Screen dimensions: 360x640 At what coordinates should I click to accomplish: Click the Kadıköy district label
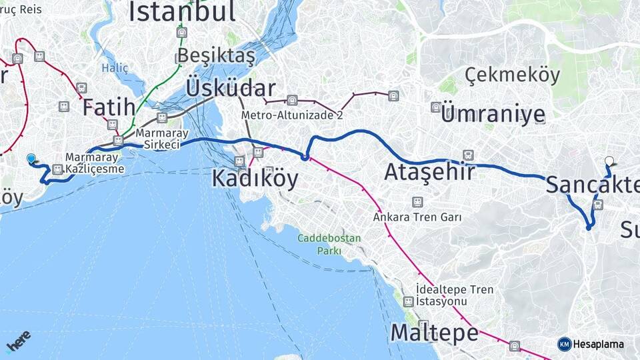(255, 179)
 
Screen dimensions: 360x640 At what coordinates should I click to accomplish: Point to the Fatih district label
(109, 107)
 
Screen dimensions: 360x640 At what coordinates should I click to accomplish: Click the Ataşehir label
(429, 173)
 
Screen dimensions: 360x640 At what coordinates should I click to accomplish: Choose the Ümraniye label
(493, 114)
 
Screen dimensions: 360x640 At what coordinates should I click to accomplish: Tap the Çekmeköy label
(513, 75)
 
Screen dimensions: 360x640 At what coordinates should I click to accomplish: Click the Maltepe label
(434, 333)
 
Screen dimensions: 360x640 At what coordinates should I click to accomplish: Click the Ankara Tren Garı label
(418, 217)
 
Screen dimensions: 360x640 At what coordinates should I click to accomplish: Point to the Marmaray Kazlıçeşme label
(95, 163)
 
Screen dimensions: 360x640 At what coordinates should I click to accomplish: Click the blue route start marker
(31, 158)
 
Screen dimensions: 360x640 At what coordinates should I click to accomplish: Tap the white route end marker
(609, 161)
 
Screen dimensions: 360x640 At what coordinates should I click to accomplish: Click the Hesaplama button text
(599, 344)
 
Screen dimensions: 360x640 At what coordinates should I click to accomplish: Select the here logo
(19, 341)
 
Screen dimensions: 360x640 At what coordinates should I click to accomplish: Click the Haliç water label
(115, 68)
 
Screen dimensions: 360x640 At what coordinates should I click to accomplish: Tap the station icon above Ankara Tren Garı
(417, 202)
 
